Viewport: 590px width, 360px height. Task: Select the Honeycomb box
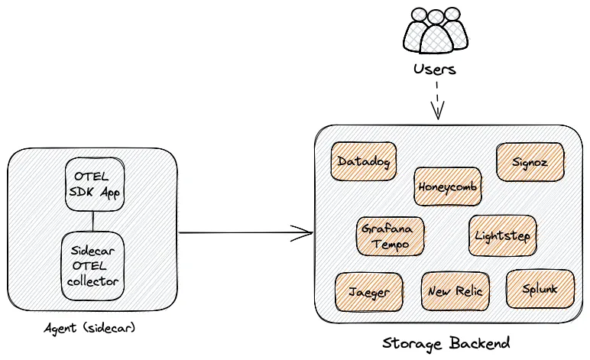(x=448, y=186)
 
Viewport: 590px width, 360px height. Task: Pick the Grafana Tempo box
(x=391, y=236)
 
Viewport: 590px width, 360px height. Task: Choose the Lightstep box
(x=502, y=235)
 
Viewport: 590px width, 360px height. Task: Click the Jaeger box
(x=369, y=291)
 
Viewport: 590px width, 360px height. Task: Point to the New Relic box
(x=455, y=291)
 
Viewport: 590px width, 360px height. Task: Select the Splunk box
(x=540, y=289)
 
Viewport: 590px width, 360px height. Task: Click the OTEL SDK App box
(x=93, y=185)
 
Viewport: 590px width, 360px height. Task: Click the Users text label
(x=435, y=70)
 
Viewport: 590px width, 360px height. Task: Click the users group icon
(x=436, y=31)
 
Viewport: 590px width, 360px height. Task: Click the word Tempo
(x=391, y=245)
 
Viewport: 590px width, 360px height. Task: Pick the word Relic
(x=468, y=291)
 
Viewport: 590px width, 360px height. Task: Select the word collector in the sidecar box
(x=93, y=281)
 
